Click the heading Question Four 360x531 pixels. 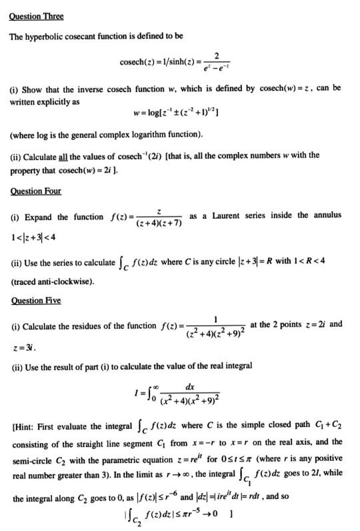34,191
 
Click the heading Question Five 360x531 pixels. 34,301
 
